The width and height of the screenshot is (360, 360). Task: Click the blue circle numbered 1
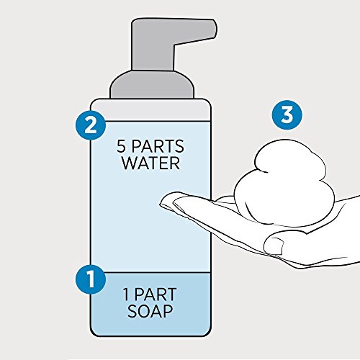coord(91,279)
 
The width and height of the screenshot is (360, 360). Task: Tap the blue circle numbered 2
coord(91,125)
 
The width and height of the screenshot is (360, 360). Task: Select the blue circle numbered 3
coord(287,114)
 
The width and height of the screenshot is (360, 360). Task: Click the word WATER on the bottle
coord(151,163)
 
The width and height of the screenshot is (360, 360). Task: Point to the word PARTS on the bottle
coord(158,146)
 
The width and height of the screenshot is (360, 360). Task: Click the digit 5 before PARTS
coord(122,146)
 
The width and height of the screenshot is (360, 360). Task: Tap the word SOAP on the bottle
coord(150,311)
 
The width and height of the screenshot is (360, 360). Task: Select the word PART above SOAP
coord(156,294)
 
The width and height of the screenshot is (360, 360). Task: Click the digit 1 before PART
coord(126,294)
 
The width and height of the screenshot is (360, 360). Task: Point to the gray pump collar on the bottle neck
coord(152,84)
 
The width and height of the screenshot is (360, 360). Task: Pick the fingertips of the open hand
coord(167,202)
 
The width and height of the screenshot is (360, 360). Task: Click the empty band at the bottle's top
coord(150,110)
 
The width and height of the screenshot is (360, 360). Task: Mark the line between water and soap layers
coord(150,272)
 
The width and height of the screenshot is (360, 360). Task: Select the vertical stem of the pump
coord(153,57)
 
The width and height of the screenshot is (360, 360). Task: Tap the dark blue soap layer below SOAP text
coord(150,327)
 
